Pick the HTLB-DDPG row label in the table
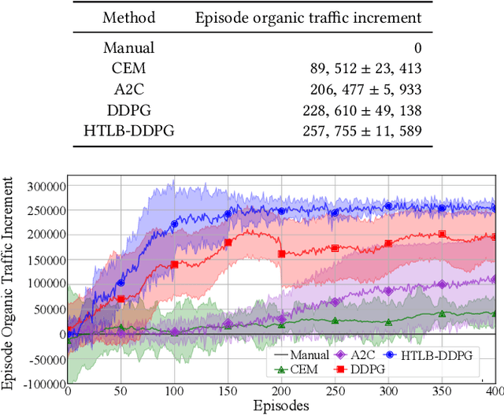(129, 131)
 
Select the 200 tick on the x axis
(280, 391)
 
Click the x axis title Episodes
(280, 406)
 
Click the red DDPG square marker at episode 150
(228, 243)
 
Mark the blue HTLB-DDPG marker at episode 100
(174, 224)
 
